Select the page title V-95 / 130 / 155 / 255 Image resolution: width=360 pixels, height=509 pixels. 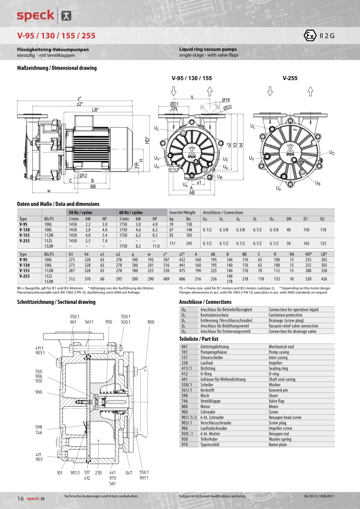56,36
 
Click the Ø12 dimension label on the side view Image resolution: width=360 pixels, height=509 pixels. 84,175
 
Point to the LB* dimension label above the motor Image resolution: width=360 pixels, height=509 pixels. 95,110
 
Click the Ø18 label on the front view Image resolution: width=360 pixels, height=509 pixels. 226,100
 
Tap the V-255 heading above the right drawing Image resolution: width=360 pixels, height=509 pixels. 290,78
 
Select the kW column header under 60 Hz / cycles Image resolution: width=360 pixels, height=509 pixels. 138,219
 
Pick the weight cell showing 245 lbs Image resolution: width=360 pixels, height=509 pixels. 189,243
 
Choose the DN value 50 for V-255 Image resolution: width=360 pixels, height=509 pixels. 289,243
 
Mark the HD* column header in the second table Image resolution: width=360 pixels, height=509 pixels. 309,254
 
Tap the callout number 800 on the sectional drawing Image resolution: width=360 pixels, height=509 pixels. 151,322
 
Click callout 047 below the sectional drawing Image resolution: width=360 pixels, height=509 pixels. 129,472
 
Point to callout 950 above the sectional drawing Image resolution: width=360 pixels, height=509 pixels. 109,322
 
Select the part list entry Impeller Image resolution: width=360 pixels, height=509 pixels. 275,363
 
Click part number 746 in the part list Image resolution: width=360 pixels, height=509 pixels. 184,401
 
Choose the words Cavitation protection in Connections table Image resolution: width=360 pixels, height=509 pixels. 285,315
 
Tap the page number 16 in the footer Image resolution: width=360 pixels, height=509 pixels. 20,498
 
